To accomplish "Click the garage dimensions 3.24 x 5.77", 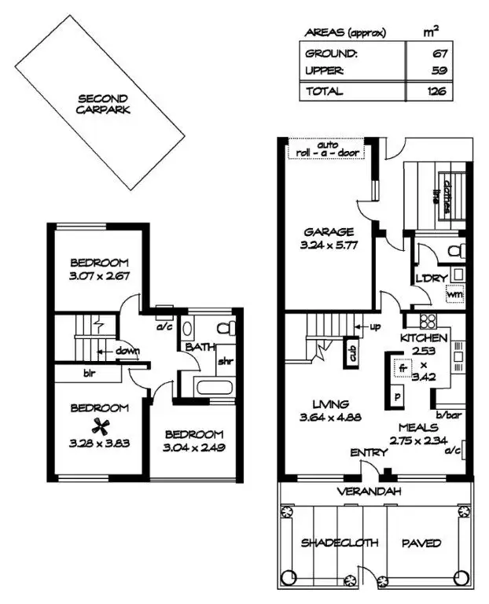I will (x=329, y=245).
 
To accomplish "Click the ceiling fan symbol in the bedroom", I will (x=98, y=425).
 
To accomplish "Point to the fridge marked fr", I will (x=402, y=367).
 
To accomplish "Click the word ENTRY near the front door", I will (x=367, y=454).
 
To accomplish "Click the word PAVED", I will (x=421, y=543).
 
